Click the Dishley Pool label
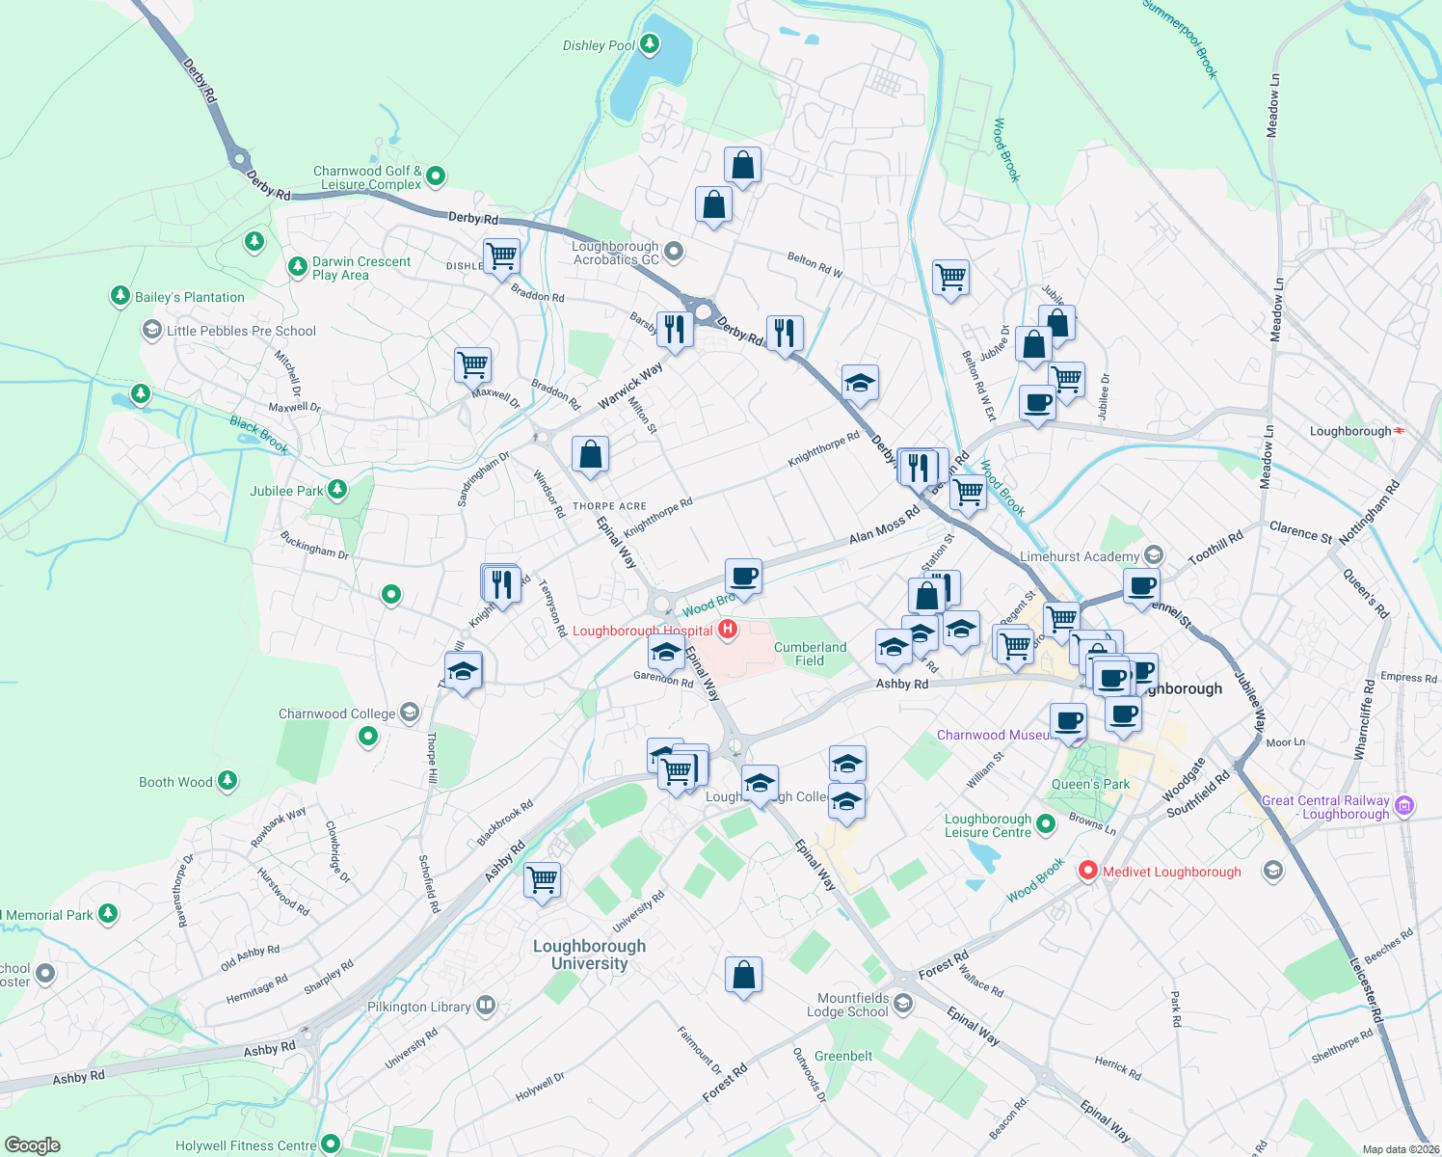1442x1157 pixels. coord(599,45)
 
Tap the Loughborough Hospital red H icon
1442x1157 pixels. coord(728,630)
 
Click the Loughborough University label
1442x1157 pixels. coord(589,955)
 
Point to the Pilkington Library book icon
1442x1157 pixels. coord(486,1006)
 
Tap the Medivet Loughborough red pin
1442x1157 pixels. coord(1088,870)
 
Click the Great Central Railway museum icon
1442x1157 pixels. coord(1404,805)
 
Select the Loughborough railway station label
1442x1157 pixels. coord(1349,431)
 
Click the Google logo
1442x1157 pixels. coord(33,1145)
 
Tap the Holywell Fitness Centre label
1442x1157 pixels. coord(246,1145)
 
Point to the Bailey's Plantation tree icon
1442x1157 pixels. coord(120,295)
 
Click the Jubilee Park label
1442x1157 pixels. coord(286,491)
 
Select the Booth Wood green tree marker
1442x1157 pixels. coord(227,780)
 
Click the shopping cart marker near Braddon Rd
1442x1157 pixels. coord(501,257)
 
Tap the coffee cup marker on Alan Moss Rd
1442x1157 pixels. coord(743,578)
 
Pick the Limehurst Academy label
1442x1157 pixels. coord(1079,556)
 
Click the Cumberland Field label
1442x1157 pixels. coord(810,654)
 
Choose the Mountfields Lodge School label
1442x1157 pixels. coord(852,1005)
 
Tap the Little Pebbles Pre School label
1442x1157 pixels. coord(241,331)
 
